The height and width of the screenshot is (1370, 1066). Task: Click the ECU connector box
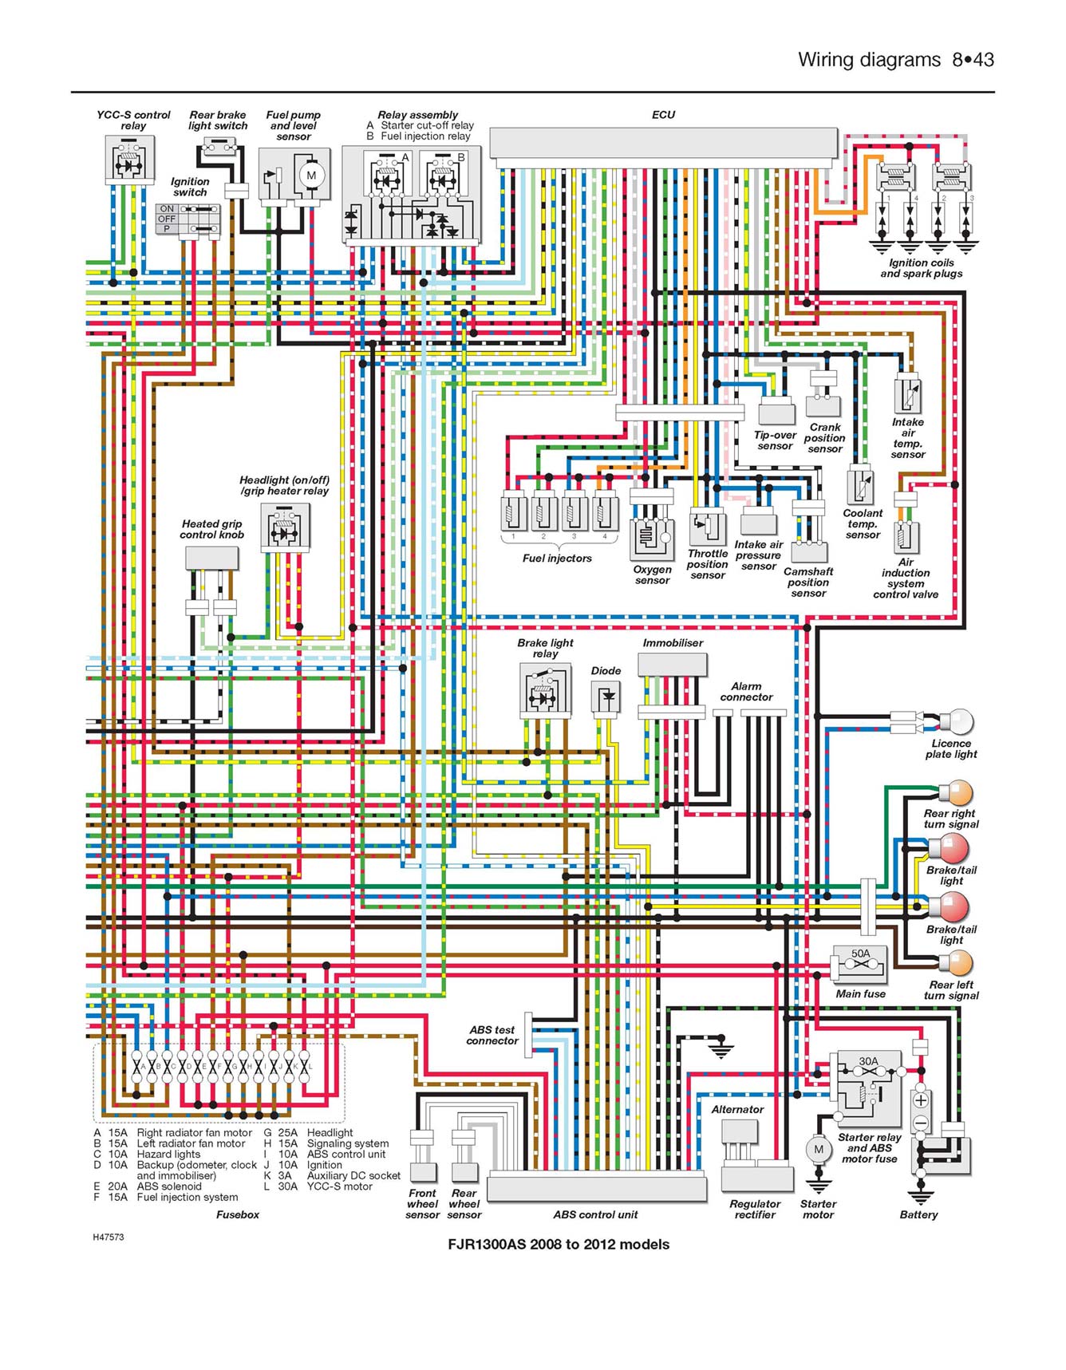(x=663, y=143)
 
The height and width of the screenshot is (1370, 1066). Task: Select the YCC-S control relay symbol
(x=129, y=160)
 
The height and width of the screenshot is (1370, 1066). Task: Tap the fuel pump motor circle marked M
(x=311, y=176)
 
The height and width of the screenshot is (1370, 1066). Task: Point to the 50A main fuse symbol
(x=859, y=965)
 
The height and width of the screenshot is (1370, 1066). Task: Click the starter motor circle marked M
(x=818, y=1149)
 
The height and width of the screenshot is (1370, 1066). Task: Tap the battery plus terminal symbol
(x=921, y=1100)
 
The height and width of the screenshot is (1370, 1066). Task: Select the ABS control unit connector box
(x=596, y=1189)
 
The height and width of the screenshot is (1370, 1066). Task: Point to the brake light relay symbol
(x=546, y=690)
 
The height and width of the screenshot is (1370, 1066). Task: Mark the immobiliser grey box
(x=672, y=665)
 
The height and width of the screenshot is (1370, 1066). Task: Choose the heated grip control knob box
(x=211, y=558)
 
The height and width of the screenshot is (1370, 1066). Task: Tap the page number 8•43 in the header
(x=973, y=60)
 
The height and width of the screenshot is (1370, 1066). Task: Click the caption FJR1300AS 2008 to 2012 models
(x=558, y=1244)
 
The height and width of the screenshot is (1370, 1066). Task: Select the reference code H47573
(x=108, y=1238)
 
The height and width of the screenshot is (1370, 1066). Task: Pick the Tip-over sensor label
(x=775, y=440)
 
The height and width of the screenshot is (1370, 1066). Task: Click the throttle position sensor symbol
(x=707, y=528)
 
